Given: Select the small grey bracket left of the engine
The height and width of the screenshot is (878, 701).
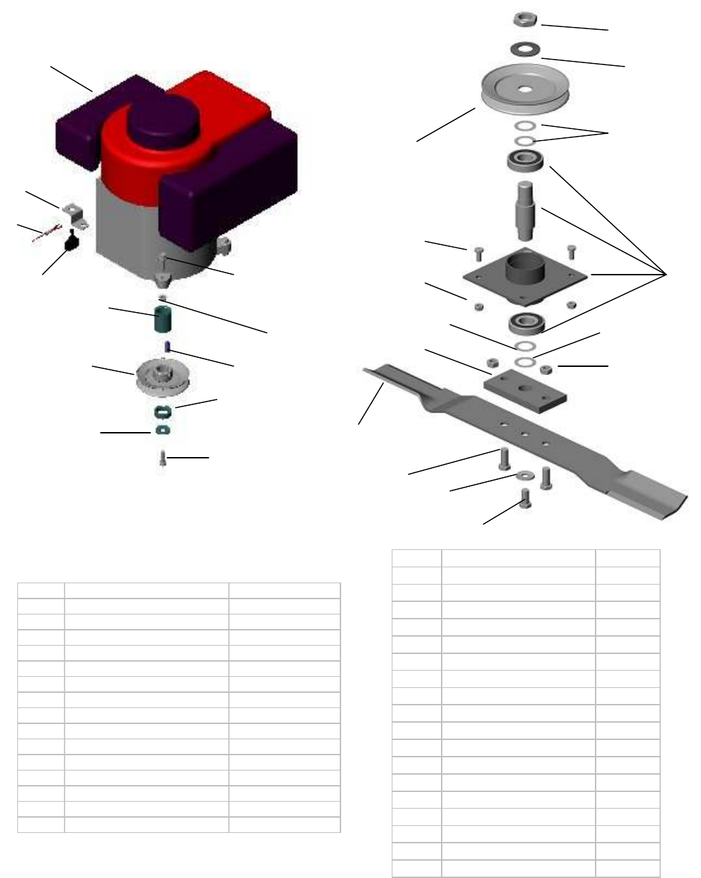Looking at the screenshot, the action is click(74, 213).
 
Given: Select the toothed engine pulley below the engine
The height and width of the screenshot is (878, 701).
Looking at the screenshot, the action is click(165, 377).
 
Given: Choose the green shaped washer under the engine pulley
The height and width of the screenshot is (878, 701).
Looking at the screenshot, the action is click(163, 411).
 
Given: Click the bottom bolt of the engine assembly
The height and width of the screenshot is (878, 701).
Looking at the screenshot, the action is click(162, 458).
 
